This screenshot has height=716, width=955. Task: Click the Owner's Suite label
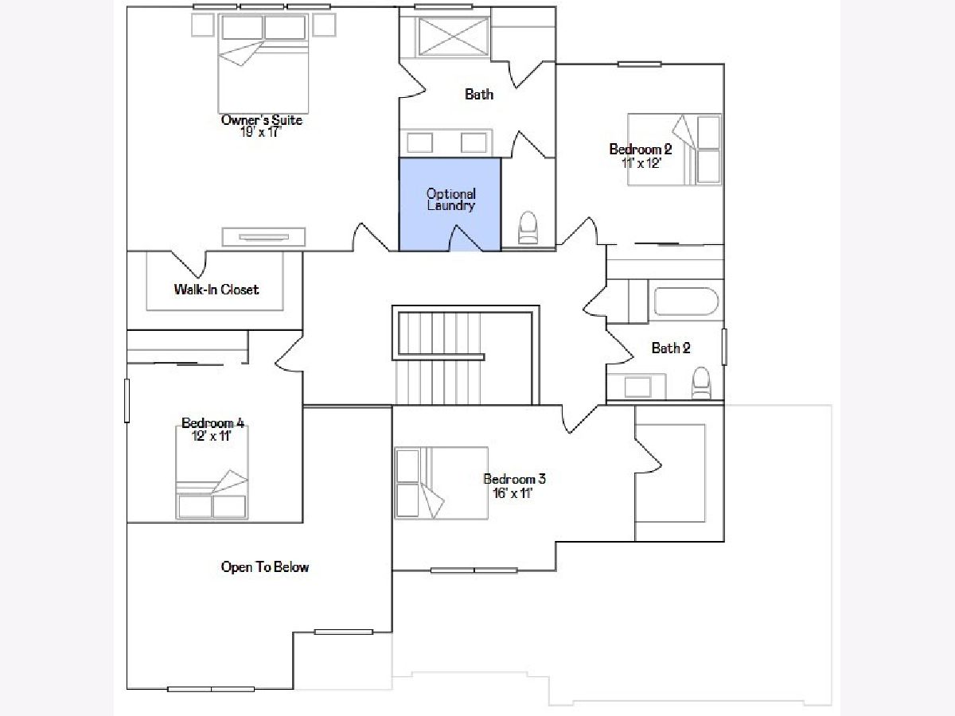262,120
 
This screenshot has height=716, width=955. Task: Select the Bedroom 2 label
640,149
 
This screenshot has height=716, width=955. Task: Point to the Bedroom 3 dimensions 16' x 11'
513,493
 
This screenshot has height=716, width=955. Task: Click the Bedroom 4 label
212,422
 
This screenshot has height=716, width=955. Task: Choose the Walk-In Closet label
216,290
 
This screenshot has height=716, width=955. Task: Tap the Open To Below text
265,567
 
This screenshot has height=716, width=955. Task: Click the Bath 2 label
670,348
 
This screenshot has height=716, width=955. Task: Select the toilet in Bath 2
700,382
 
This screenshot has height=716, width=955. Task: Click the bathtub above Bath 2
686,301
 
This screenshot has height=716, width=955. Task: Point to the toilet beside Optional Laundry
528,227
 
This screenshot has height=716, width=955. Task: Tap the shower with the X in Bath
453,36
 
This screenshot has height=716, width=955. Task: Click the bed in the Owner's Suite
263,64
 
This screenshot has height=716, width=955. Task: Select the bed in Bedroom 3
441,483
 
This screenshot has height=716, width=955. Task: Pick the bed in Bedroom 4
212,473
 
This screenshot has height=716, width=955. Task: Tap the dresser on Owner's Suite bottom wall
263,237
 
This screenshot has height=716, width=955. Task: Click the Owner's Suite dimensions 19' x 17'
260,132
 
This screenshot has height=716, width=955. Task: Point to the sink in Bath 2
637,387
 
